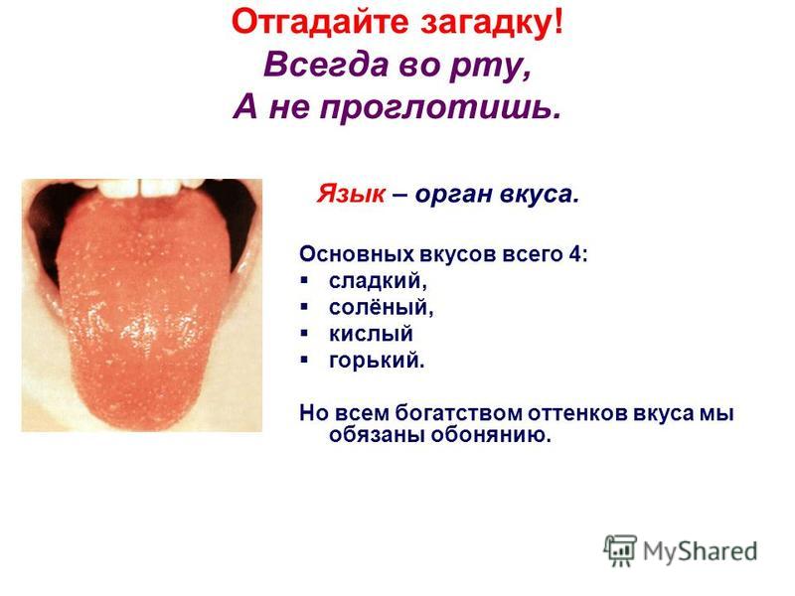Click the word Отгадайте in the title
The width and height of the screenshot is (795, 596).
[319, 23]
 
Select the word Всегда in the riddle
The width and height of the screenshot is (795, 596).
[326, 66]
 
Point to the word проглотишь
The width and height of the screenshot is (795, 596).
[440, 108]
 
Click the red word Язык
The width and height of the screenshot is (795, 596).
[351, 193]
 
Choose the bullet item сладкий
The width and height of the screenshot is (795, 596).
[378, 281]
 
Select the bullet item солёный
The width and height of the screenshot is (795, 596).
[381, 308]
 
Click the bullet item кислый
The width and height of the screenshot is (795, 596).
[371, 334]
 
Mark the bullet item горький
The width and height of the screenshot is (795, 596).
[377, 361]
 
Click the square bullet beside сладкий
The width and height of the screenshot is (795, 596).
[304, 280]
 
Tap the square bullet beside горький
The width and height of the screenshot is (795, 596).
[304, 360]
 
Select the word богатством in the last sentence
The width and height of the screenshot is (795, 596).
[458, 413]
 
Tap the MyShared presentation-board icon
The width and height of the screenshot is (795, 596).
[620, 550]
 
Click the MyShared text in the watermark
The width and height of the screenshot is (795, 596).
[701, 551]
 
